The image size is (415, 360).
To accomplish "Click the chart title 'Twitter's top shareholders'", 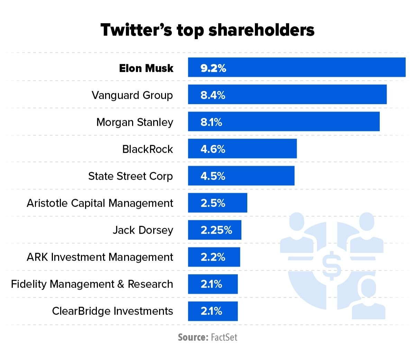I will tap(207, 30).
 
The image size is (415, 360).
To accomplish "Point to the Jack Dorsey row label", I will tap(143, 230).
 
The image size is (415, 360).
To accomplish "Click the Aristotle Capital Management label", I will tap(100, 203).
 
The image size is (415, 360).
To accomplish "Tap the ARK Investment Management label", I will tap(100, 257).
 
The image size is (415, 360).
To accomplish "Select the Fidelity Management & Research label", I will tap(92, 284).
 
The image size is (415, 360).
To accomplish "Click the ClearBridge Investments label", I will tap(112, 311).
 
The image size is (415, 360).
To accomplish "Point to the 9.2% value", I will tap(213, 68).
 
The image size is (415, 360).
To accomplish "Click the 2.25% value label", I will tap(216, 230).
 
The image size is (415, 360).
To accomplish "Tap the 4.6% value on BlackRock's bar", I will tap(213, 149).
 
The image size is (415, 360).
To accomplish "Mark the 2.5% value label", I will tap(213, 203).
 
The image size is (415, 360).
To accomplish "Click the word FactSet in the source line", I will tap(224, 338).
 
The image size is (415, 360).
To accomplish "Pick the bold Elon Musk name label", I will tap(146, 68).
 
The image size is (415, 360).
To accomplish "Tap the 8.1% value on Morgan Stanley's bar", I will tap(211, 122).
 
